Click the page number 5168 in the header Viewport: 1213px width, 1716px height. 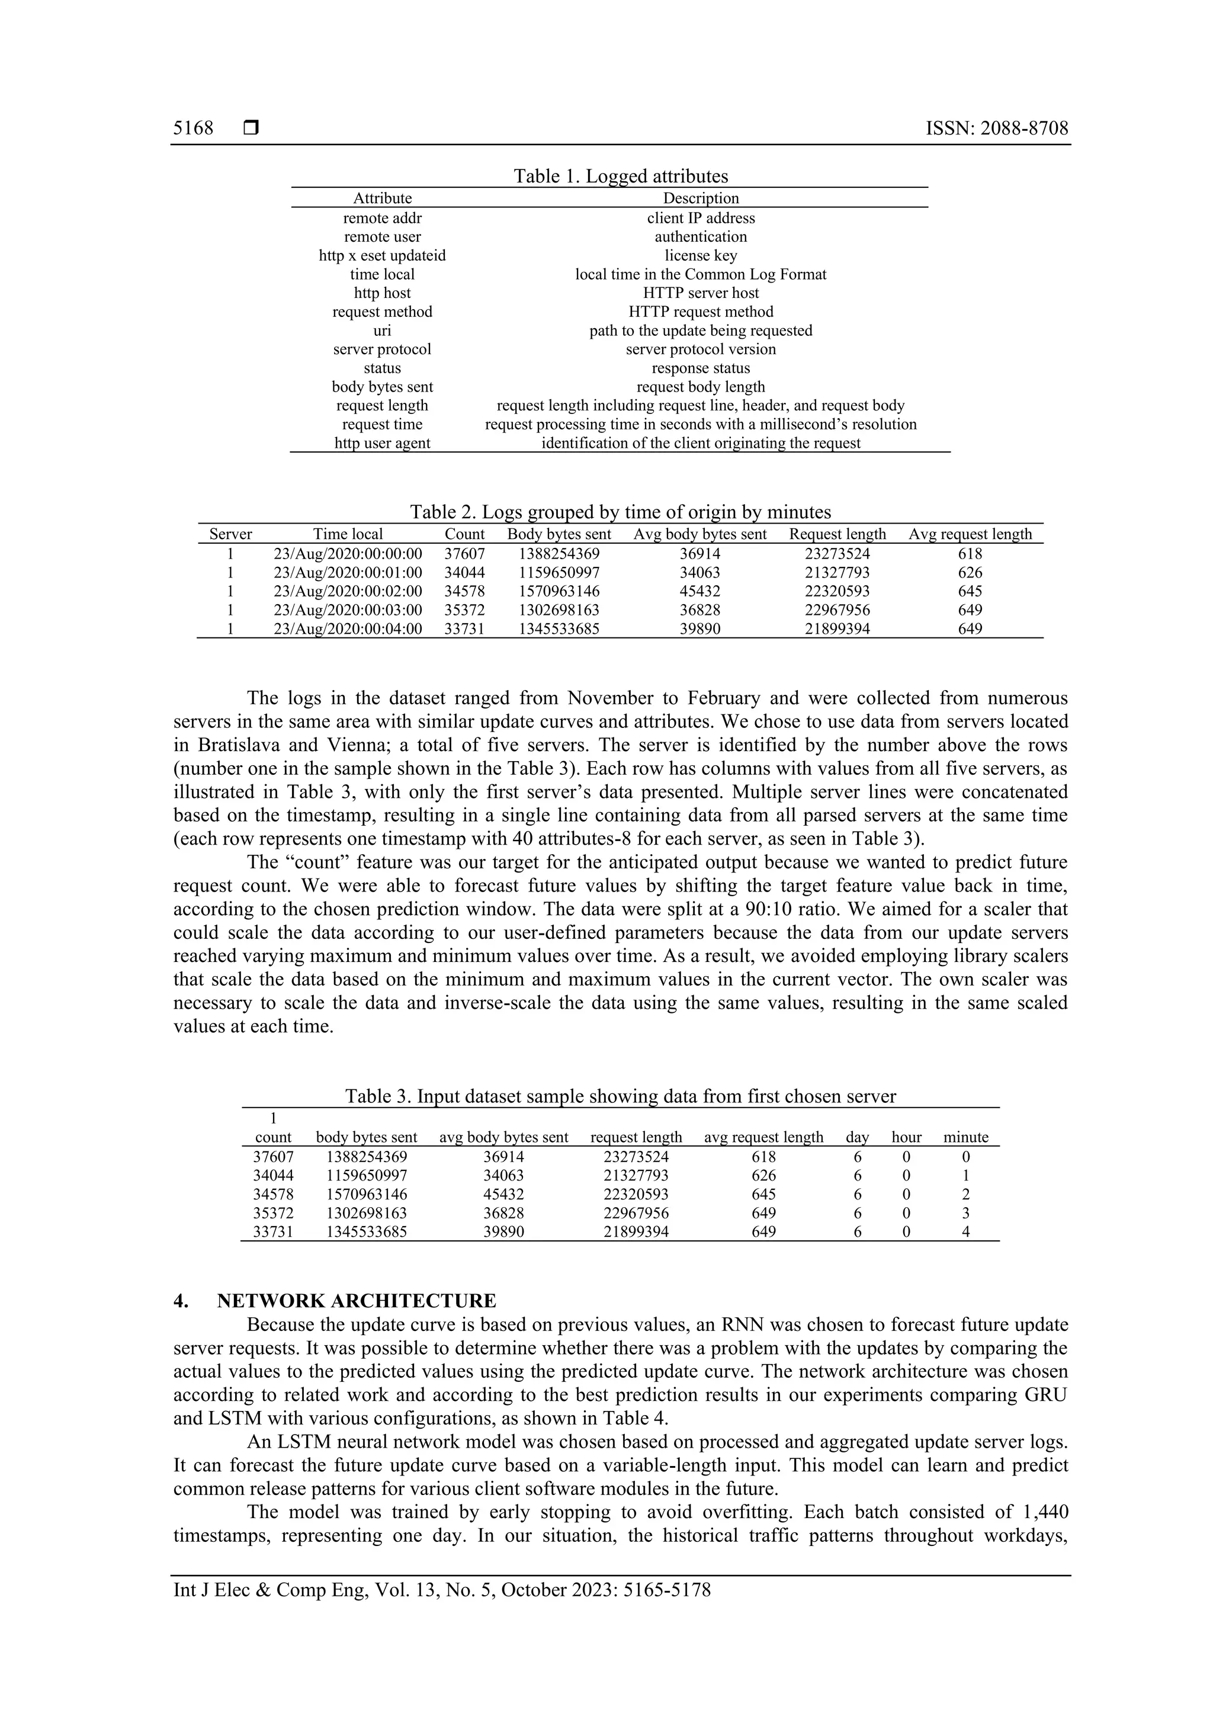[x=193, y=128]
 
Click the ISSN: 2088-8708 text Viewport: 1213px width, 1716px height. [x=996, y=128]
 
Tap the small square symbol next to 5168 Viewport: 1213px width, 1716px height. [x=251, y=128]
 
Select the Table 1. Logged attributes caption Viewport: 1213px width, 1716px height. [x=620, y=177]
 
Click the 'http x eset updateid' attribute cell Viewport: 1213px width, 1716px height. [x=382, y=256]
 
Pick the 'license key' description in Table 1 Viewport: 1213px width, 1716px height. [x=700, y=256]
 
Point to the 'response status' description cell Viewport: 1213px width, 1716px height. [x=700, y=368]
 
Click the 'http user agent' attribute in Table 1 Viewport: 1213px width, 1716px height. [x=382, y=443]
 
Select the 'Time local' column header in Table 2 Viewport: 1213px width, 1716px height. [x=348, y=534]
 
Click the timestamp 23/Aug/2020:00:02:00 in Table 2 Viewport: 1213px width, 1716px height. [x=348, y=591]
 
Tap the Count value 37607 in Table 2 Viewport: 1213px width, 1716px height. [x=464, y=554]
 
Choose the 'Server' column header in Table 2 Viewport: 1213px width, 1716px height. [x=230, y=534]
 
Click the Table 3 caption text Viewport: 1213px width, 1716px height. [x=620, y=1096]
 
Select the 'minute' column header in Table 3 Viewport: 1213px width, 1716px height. [x=965, y=1137]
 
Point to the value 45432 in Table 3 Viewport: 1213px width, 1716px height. [x=503, y=1194]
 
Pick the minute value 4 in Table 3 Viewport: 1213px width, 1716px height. [x=965, y=1231]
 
